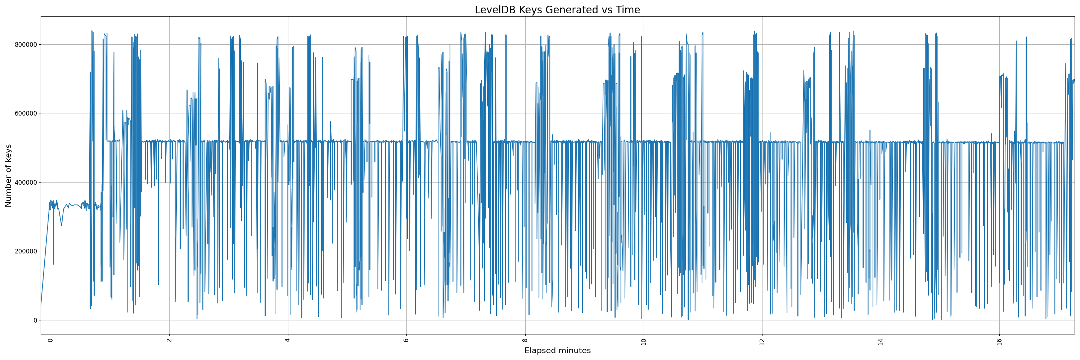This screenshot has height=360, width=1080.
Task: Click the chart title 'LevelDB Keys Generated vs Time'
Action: [x=557, y=10]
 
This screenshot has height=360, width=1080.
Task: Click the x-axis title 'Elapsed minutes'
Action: [x=557, y=351]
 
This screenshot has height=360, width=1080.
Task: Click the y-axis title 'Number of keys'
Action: [x=8, y=176]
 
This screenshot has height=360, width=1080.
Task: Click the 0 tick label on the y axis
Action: [x=35, y=320]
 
